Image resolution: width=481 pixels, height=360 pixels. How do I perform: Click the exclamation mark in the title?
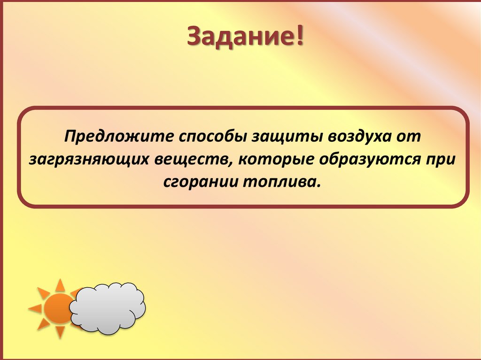pos(299,36)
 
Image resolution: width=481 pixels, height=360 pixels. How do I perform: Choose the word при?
pos(442,159)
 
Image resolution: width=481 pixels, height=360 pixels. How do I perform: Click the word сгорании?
pos(201,181)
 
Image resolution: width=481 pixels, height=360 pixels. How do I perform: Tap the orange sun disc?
pos(57,308)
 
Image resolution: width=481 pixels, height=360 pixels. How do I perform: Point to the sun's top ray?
pos(60,285)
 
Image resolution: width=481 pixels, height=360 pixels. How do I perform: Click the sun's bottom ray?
pos(60,332)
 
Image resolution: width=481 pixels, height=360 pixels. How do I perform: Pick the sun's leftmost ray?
pos(35,308)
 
